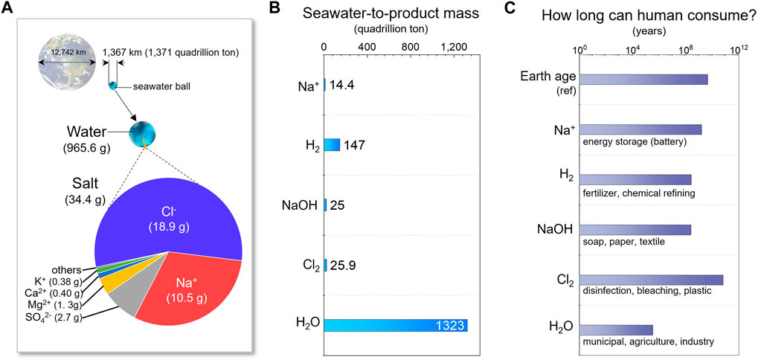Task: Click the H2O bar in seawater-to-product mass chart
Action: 394,324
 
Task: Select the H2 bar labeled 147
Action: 332,144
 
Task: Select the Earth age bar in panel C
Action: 643,80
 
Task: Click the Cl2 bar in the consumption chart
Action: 650,280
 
